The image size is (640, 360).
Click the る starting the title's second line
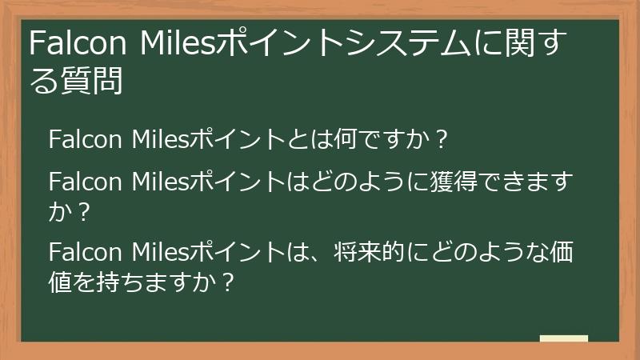[42, 81]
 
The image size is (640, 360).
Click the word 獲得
[437, 182]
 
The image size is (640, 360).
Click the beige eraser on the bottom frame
[564, 338]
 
